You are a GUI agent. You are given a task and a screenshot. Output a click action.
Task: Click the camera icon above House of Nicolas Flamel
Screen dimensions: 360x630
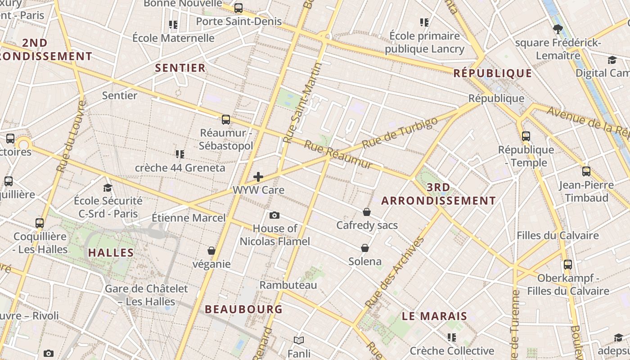click(274, 216)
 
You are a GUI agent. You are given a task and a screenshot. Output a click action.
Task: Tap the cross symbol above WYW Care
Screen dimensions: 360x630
click(258, 177)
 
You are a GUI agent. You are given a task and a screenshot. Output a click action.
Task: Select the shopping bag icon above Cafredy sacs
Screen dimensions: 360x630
click(367, 212)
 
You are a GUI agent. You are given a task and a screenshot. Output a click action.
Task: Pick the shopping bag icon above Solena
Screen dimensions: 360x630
click(365, 248)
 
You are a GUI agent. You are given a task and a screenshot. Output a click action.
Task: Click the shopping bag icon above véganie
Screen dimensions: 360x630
click(211, 251)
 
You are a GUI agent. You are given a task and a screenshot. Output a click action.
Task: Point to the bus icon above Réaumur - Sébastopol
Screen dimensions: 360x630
click(226, 120)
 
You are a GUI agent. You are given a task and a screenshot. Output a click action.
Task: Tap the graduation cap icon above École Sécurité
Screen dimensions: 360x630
click(108, 188)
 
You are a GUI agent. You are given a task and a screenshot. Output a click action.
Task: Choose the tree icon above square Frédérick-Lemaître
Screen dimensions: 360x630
click(558, 30)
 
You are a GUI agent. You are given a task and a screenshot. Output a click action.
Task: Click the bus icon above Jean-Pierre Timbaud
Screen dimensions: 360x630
click(586, 171)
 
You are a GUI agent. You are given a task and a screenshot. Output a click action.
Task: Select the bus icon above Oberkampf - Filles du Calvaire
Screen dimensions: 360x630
click(568, 265)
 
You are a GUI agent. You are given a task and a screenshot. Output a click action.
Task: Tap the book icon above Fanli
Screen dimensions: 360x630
click(299, 341)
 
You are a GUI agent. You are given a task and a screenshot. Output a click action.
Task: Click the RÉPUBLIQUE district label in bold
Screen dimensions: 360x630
click(493, 73)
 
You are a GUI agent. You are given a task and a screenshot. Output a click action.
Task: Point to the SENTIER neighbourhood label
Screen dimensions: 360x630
click(180, 68)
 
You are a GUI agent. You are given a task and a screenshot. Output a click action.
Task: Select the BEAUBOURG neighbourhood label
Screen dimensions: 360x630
click(243, 309)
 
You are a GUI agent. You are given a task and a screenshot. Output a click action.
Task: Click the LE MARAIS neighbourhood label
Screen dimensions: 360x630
click(434, 316)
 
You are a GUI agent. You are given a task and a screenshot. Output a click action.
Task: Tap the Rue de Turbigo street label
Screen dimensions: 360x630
click(400, 134)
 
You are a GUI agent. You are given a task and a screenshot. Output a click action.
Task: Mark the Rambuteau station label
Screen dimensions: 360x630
click(288, 285)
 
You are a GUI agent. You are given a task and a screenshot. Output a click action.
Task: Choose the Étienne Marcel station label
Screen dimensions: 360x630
click(189, 218)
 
